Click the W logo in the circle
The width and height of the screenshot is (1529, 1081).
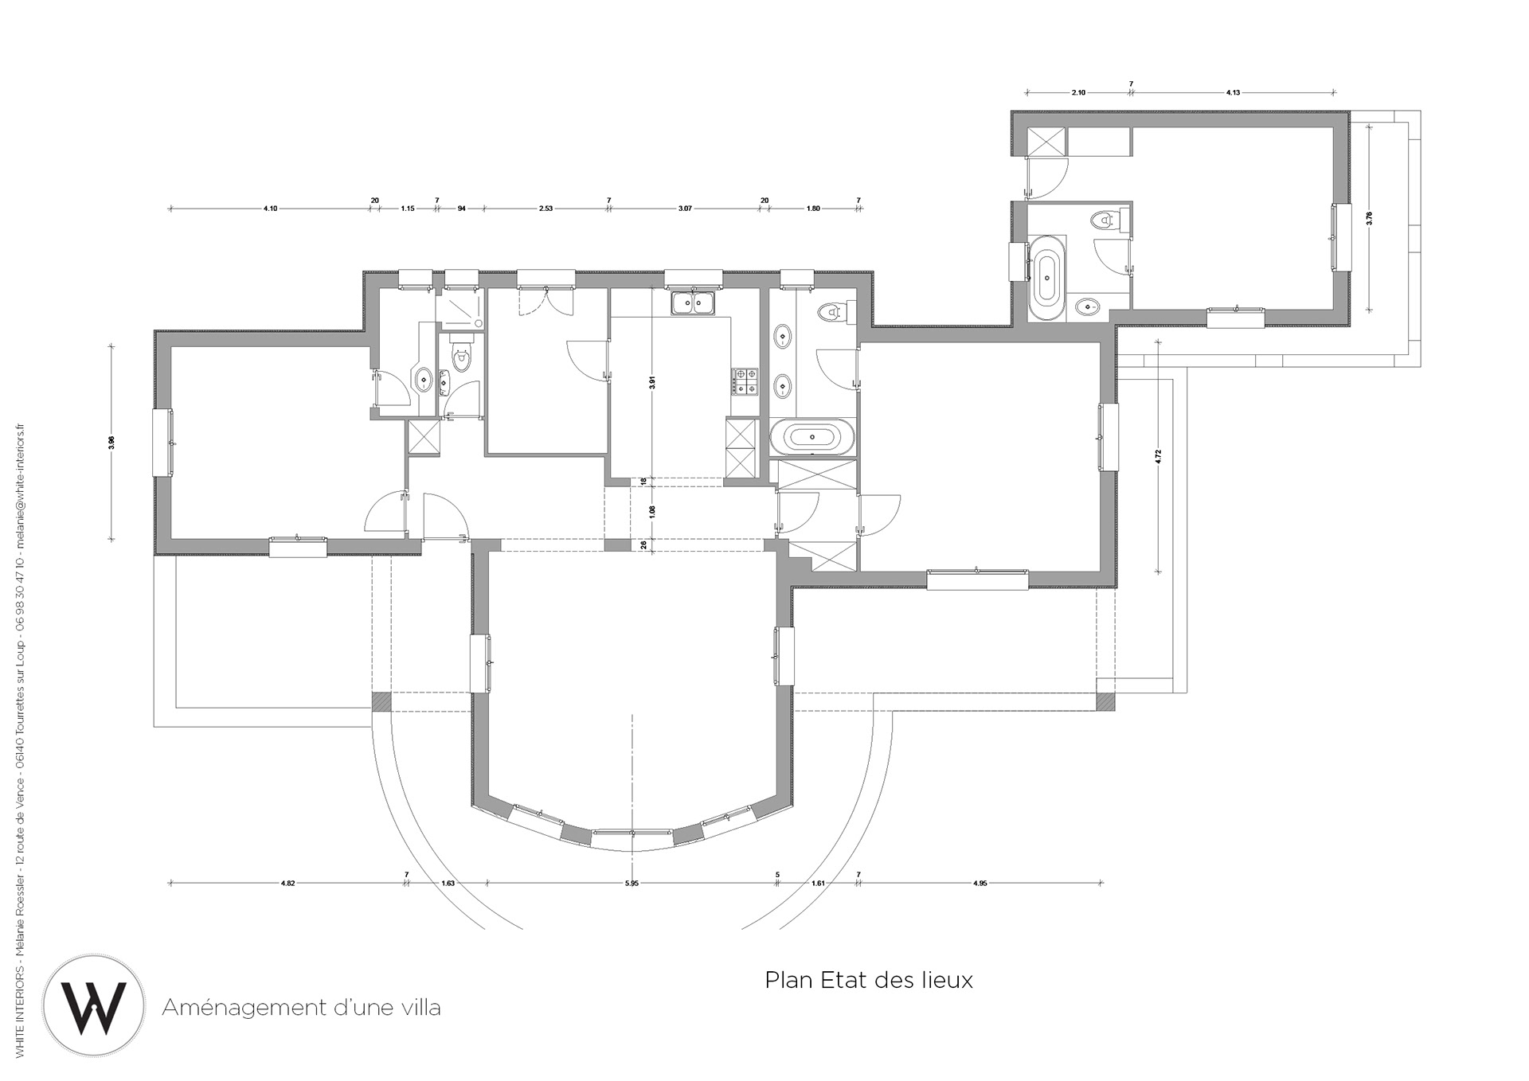pyautogui.click(x=94, y=1006)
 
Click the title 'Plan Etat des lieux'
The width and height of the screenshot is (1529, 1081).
pyautogui.click(x=869, y=980)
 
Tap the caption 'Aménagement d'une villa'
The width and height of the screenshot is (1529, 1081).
pyautogui.click(x=301, y=1008)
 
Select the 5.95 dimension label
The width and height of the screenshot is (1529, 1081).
pyautogui.click(x=632, y=884)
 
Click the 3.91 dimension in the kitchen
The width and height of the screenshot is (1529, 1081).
pyautogui.click(x=652, y=381)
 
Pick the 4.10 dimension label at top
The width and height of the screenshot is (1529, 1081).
pyautogui.click(x=270, y=209)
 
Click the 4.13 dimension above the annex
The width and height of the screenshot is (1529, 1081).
pyautogui.click(x=1233, y=93)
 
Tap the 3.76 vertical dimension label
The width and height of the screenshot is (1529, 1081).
pyautogui.click(x=1369, y=218)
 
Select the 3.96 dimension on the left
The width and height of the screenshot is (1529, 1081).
pyautogui.click(x=111, y=443)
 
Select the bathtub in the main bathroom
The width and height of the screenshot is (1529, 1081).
pyautogui.click(x=812, y=437)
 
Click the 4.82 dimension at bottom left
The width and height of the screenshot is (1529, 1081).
pyautogui.click(x=288, y=884)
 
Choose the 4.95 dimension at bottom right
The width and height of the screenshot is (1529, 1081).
pyautogui.click(x=980, y=884)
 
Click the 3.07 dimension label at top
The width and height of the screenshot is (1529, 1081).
pyautogui.click(x=685, y=209)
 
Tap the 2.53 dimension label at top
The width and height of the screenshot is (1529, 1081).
pyautogui.click(x=546, y=209)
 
